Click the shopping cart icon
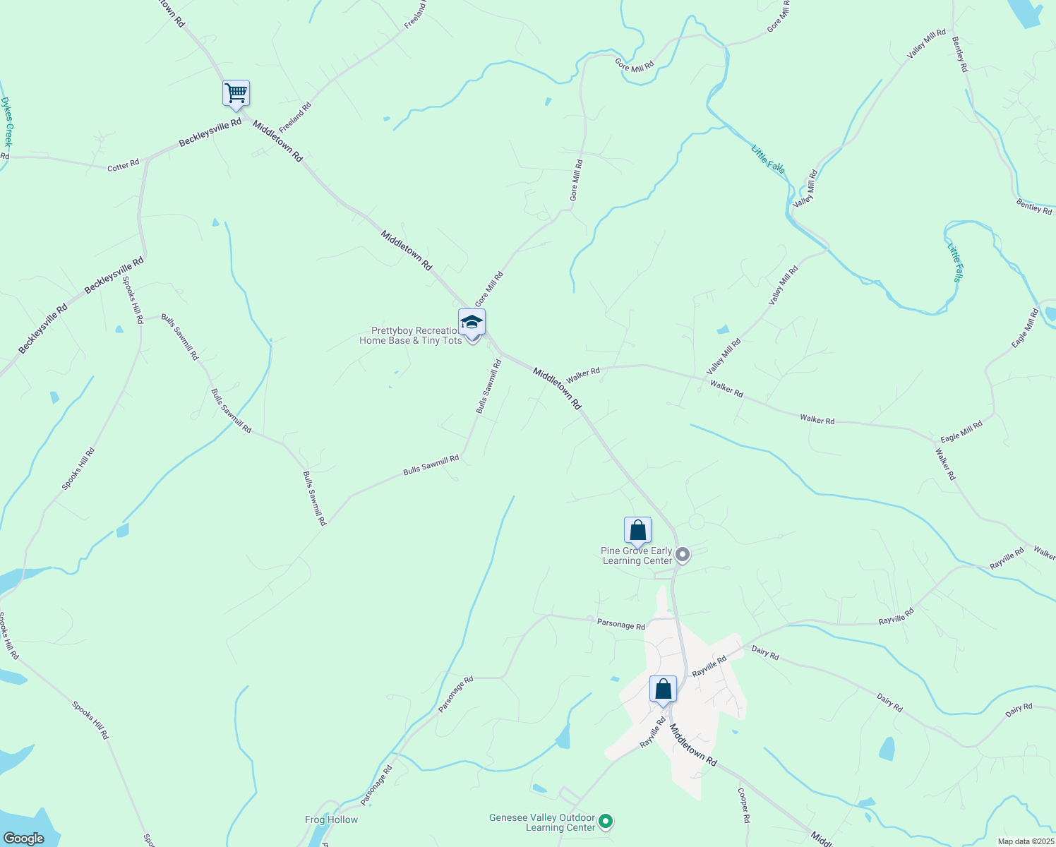[x=236, y=93]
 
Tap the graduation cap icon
[x=472, y=323]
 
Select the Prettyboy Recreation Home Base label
[x=411, y=336]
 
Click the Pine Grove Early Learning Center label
[x=637, y=556]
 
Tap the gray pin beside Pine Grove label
[x=682, y=555]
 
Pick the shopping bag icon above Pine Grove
[x=637, y=530]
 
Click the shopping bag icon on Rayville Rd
[x=663, y=689]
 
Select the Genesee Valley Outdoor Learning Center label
[x=542, y=822]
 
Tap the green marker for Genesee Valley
[x=605, y=822]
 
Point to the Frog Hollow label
[x=331, y=819]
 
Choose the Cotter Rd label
[x=123, y=166]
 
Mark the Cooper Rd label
[x=743, y=806]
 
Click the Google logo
[x=23, y=839]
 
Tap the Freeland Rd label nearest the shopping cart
[x=295, y=118]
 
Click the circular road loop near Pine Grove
[x=697, y=522]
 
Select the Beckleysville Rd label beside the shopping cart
[x=210, y=133]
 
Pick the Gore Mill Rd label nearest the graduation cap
[x=488, y=289]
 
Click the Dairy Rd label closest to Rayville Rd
[x=765, y=653]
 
